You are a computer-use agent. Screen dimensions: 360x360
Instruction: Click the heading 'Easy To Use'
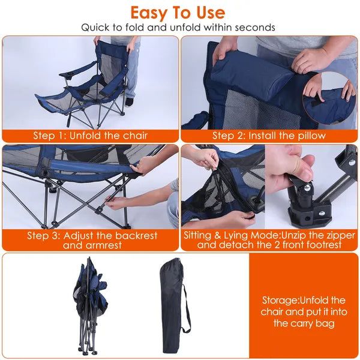tap(178, 13)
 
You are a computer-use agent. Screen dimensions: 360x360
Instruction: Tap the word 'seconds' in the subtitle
tap(253, 27)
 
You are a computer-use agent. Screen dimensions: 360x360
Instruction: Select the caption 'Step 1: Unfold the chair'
tap(90, 135)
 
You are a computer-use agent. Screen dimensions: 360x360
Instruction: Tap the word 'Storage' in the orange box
tap(280, 300)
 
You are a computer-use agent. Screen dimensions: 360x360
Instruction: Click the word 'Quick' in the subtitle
tap(96, 27)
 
